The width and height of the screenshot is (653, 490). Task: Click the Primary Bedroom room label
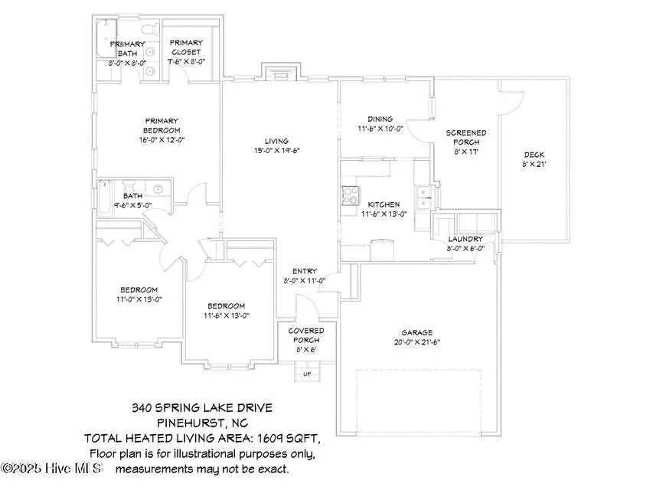(x=162, y=125)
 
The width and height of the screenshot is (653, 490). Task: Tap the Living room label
(x=276, y=141)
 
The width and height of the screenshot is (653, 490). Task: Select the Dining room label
(x=380, y=119)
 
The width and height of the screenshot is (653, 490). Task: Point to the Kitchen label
(x=383, y=204)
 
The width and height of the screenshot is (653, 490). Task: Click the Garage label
(x=417, y=333)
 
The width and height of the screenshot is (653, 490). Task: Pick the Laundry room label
(x=465, y=239)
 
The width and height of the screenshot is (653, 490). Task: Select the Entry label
(x=304, y=271)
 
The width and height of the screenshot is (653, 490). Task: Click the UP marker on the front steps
(x=308, y=374)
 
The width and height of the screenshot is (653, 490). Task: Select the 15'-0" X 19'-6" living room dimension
(x=276, y=151)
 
